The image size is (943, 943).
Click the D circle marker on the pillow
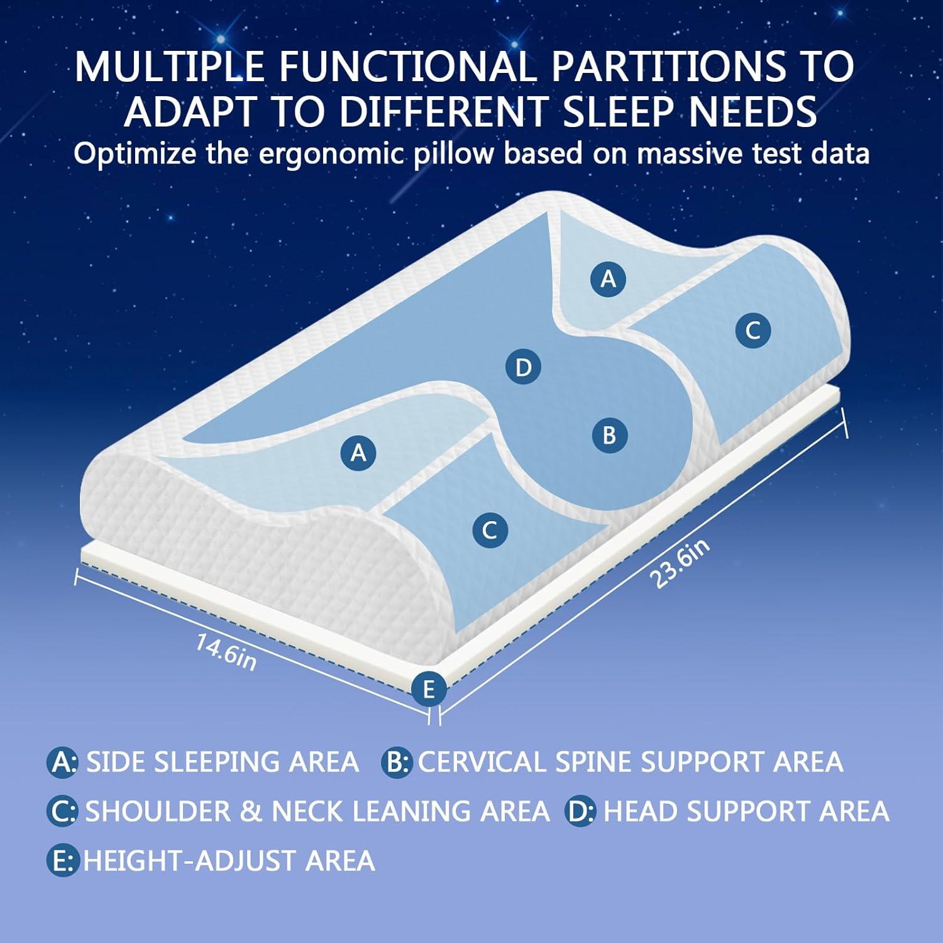coord(523,367)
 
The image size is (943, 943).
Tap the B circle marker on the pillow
coord(609,435)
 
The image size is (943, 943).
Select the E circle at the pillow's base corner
coord(429,689)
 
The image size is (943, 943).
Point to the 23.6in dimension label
coord(680,563)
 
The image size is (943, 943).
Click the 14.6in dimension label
coord(226,652)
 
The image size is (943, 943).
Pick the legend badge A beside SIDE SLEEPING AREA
coord(62,762)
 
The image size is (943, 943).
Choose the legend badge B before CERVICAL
coord(396,762)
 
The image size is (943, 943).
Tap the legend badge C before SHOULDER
coord(62,811)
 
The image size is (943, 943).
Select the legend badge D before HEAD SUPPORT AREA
coord(580,811)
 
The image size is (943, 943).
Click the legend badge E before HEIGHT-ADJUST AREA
coord(62,860)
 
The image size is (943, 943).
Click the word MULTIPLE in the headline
coord(169,66)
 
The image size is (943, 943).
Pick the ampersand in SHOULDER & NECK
coord(250,811)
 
